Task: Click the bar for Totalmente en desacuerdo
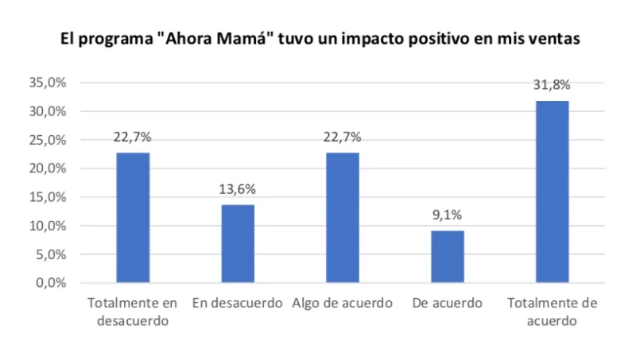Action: click(x=133, y=217)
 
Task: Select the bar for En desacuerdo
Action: click(x=238, y=243)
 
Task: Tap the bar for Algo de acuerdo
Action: click(x=343, y=217)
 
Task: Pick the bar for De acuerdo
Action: click(x=448, y=256)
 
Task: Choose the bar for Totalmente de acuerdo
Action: click(x=553, y=192)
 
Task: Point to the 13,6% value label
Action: click(x=238, y=190)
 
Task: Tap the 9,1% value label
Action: click(x=448, y=215)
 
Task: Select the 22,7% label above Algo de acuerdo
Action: click(x=343, y=137)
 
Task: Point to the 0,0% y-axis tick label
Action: click(x=50, y=283)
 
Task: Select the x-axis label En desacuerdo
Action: click(x=238, y=304)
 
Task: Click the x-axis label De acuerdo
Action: click(x=448, y=304)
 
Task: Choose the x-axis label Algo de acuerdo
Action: click(x=343, y=304)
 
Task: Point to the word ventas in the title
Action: click(x=552, y=40)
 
